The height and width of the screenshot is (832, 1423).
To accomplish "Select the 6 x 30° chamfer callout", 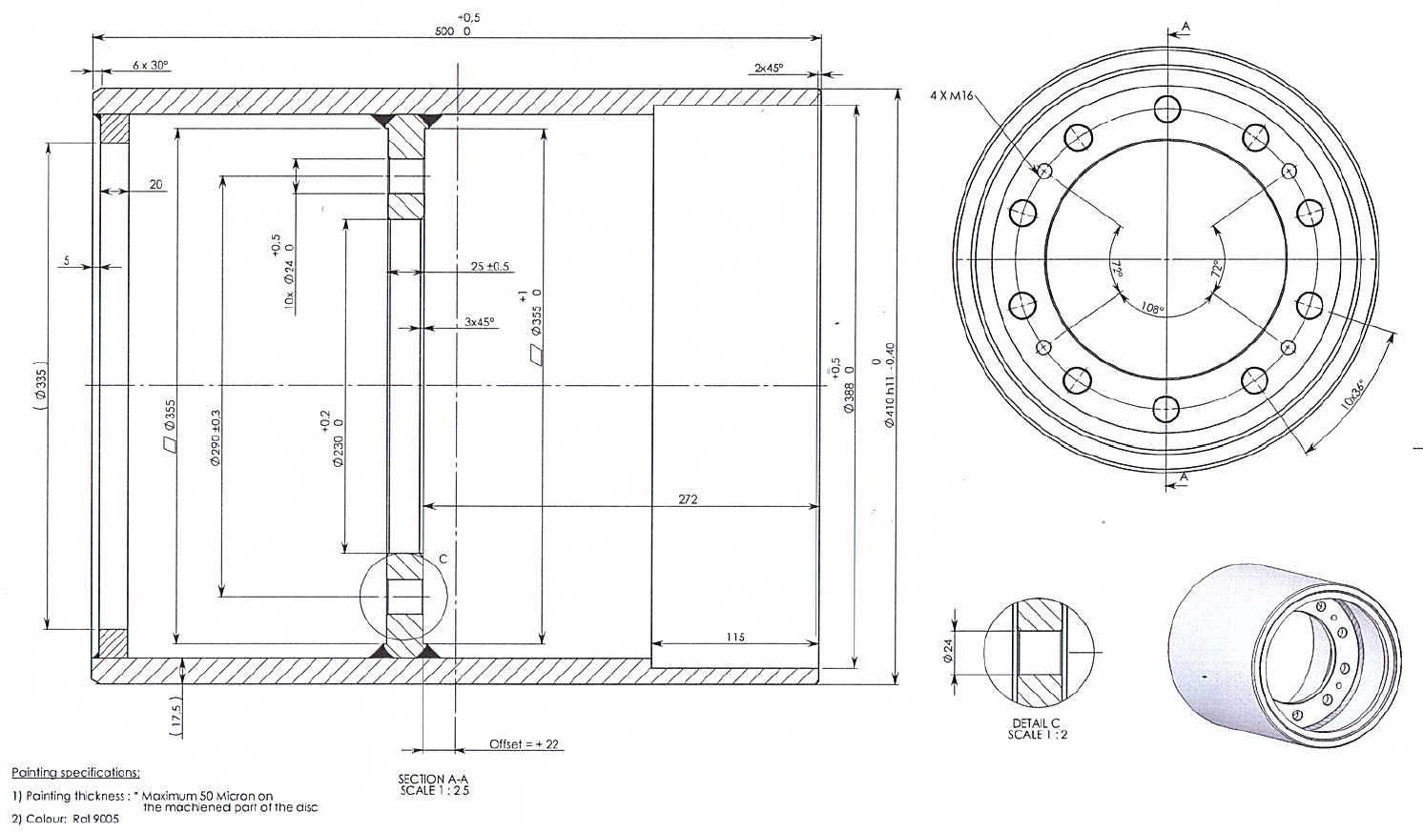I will (150, 66).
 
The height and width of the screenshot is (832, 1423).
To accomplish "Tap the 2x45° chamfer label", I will (768, 68).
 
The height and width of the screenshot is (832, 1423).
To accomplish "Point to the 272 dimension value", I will (688, 499).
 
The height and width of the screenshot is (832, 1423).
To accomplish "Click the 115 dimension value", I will (734, 638).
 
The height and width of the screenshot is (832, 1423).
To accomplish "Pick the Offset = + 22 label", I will (524, 744).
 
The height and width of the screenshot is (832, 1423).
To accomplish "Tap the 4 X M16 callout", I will (951, 95).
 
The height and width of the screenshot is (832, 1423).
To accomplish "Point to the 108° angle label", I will (1153, 309).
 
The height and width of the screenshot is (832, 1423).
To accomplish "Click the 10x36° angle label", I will (1351, 395).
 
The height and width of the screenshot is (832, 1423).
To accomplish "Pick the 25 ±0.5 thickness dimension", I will (489, 267).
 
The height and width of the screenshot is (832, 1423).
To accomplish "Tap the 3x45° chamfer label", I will (480, 322).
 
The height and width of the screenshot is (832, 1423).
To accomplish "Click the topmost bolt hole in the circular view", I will (1166, 110).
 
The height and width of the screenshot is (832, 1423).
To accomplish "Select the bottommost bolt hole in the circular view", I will (1166, 410).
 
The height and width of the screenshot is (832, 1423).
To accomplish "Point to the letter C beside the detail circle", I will (443, 559).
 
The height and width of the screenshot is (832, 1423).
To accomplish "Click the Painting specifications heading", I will (75, 773).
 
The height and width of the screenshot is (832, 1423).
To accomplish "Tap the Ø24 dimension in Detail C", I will (948, 651).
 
